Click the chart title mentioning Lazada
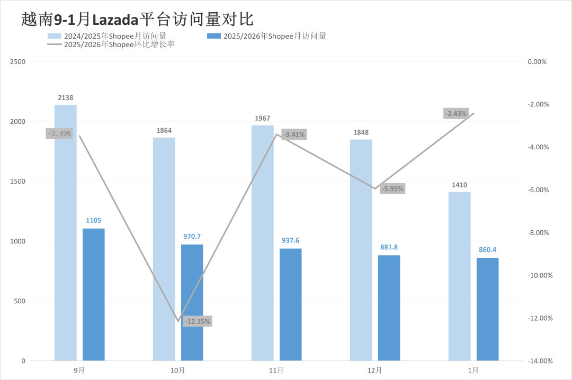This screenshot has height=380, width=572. pyautogui.click(x=138, y=20)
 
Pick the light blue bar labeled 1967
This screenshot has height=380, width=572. pyautogui.click(x=262, y=243)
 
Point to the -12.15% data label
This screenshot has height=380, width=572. pyautogui.click(x=198, y=321)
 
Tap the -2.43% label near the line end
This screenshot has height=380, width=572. pyautogui.click(x=456, y=113)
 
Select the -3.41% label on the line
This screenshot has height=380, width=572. pyautogui.click(x=294, y=134)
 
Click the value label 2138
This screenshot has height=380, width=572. pyautogui.click(x=66, y=97)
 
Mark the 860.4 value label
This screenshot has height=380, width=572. pyautogui.click(x=487, y=250)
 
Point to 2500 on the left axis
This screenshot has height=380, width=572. pyautogui.click(x=17, y=62)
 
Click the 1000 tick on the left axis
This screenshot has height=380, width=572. pyautogui.click(x=17, y=241)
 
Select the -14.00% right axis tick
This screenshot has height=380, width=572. pyautogui.click(x=540, y=361)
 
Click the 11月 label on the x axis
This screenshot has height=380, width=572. pyautogui.click(x=276, y=370)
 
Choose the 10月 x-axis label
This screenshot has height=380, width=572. pyautogui.click(x=178, y=370)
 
